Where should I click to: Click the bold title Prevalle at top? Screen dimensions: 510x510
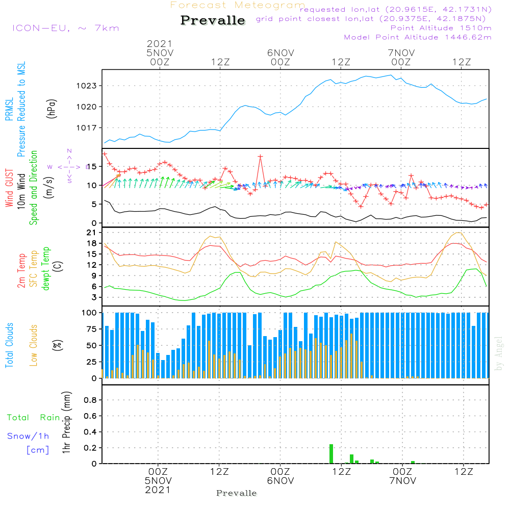point(213,20)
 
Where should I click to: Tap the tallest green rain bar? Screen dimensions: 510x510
point(331,453)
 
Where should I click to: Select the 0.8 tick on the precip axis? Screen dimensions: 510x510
point(90,400)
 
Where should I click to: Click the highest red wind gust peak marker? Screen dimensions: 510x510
point(260,157)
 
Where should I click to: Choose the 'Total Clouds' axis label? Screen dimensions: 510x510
point(10,345)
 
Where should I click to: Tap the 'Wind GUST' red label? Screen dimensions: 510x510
point(10,188)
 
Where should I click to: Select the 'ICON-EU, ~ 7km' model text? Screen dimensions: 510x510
point(56,28)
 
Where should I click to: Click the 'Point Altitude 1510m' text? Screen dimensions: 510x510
point(441,28)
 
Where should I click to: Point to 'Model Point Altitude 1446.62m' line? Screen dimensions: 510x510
point(418,37)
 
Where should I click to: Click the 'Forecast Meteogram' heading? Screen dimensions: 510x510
point(238,5)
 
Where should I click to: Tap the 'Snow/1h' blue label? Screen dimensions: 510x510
point(29,437)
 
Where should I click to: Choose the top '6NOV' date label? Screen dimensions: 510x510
point(280,53)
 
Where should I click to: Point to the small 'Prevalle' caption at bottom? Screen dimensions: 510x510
point(237,493)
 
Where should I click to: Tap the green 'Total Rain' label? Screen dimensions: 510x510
point(33,418)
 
